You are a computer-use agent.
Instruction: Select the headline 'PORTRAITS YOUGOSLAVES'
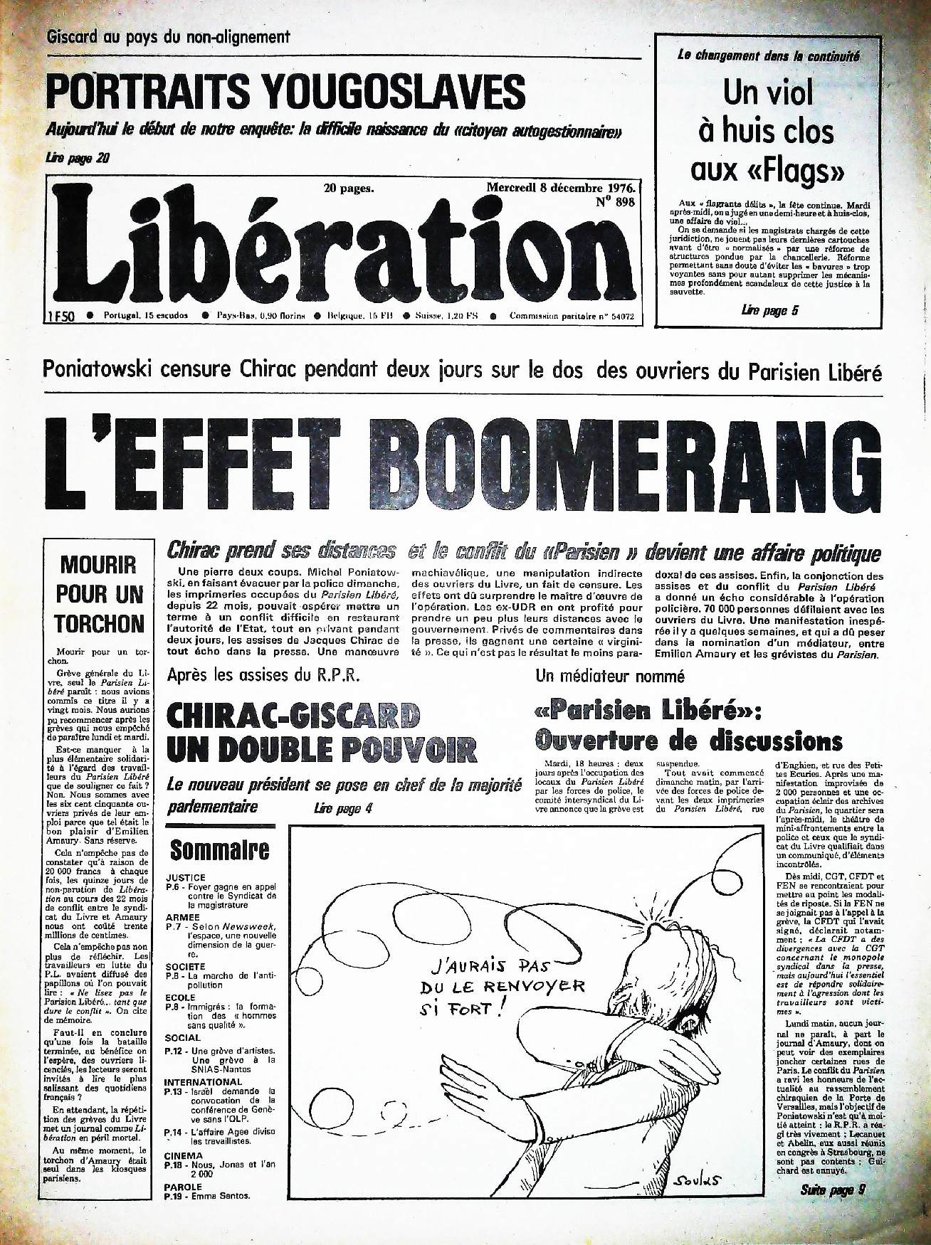point(285,92)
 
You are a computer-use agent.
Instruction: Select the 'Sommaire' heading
point(219,849)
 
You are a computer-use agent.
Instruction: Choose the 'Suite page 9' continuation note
point(832,1190)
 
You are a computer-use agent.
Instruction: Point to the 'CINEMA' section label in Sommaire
point(184,1155)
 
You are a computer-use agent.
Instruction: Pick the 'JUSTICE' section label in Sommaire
point(186,878)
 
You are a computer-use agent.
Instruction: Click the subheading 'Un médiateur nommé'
point(609,676)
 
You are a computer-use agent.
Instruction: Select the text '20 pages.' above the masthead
point(349,189)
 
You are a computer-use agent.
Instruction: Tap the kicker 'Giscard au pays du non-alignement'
point(168,37)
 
